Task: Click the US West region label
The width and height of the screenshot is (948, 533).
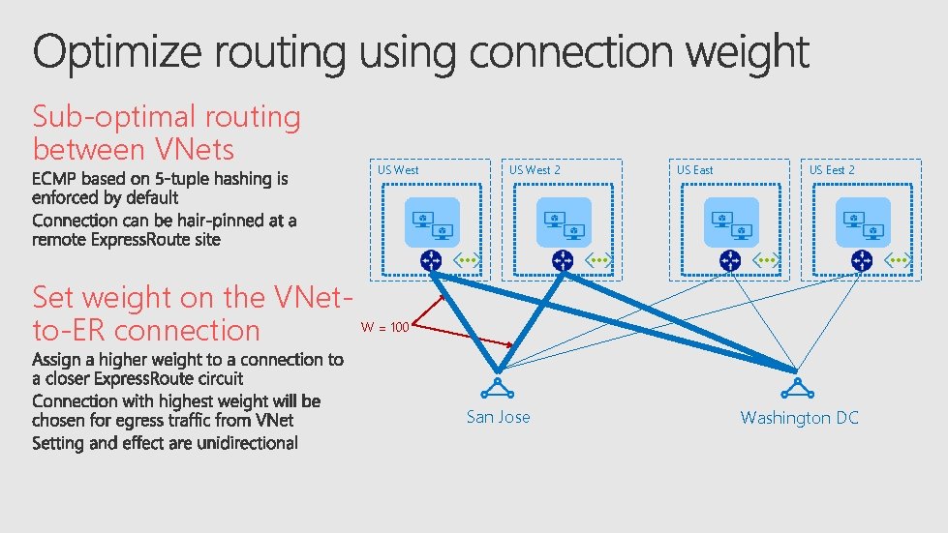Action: coord(398,170)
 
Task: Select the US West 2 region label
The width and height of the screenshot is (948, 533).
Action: coord(535,170)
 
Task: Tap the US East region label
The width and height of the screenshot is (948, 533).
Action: coord(694,170)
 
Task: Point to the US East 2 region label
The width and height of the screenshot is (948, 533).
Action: coord(832,170)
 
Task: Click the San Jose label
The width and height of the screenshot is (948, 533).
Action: coord(498,417)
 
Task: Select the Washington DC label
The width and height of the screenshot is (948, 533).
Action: coord(799,418)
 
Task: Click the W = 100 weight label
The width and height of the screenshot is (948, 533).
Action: coord(384,328)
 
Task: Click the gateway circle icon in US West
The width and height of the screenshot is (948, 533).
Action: coord(431,260)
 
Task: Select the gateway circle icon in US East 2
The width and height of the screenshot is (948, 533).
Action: coord(861,260)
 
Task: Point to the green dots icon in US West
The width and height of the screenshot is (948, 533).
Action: coord(468,260)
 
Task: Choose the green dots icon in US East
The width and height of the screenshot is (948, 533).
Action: coord(768,260)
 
